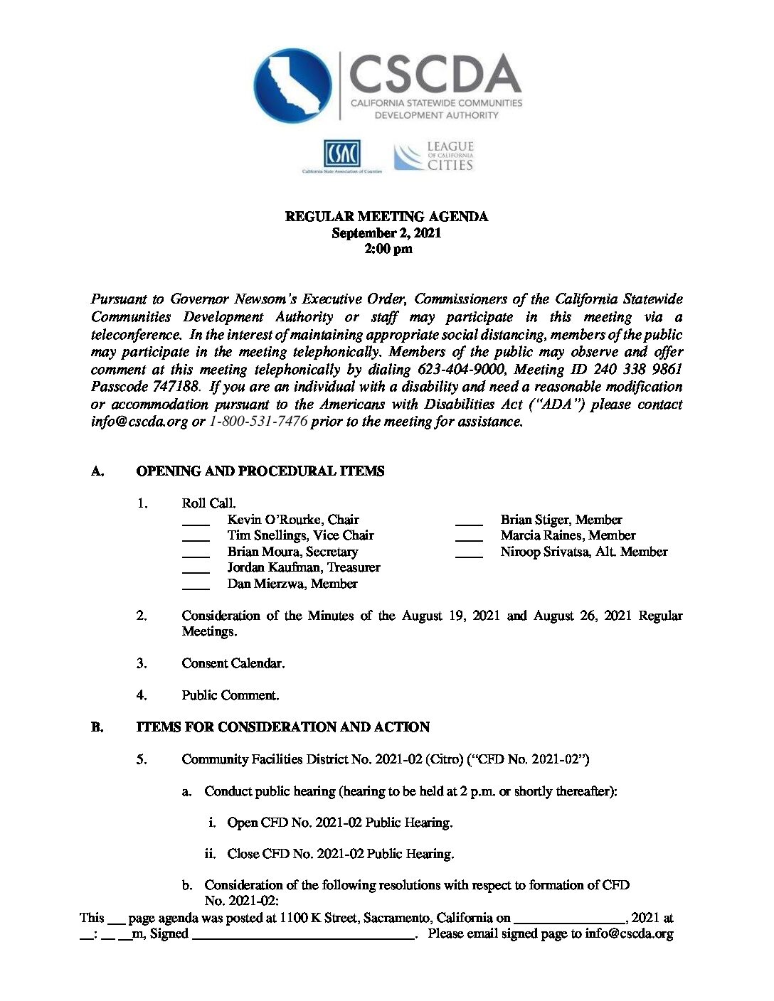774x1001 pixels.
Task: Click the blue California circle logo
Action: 292,86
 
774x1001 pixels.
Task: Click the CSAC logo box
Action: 342,154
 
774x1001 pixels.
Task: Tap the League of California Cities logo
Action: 433,156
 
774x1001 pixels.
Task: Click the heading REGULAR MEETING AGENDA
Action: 386,217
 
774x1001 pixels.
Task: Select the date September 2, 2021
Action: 386,233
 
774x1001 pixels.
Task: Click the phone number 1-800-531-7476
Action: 258,422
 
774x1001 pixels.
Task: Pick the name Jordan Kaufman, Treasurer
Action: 304,567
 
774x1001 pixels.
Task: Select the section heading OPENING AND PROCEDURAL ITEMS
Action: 260,471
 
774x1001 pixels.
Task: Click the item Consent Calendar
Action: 233,663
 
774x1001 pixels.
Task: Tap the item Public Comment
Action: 230,695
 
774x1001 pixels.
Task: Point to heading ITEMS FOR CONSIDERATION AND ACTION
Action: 282,727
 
